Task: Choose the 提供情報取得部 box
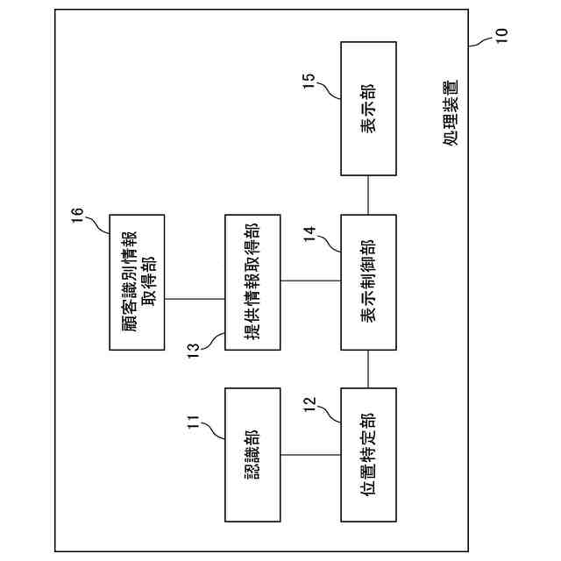(252, 280)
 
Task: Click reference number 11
(195, 422)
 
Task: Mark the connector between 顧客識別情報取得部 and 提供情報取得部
(195, 298)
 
